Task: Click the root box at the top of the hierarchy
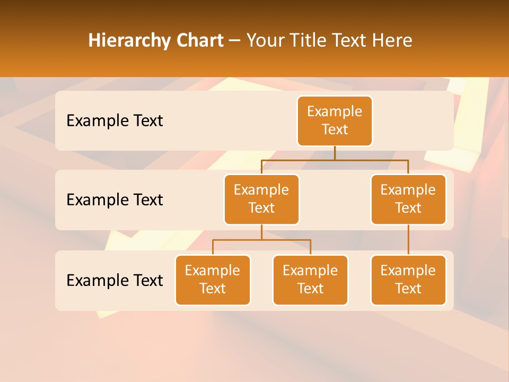point(335,121)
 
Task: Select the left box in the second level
point(261,199)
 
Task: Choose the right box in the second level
point(408,199)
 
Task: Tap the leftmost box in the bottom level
point(213,280)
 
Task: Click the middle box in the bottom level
point(310,280)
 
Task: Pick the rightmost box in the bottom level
point(408,280)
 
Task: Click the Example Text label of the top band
point(115,121)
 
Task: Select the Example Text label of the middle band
point(115,200)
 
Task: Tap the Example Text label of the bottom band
point(115,281)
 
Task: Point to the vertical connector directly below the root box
point(335,153)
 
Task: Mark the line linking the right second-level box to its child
point(408,240)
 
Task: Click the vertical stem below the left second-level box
point(261,232)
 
